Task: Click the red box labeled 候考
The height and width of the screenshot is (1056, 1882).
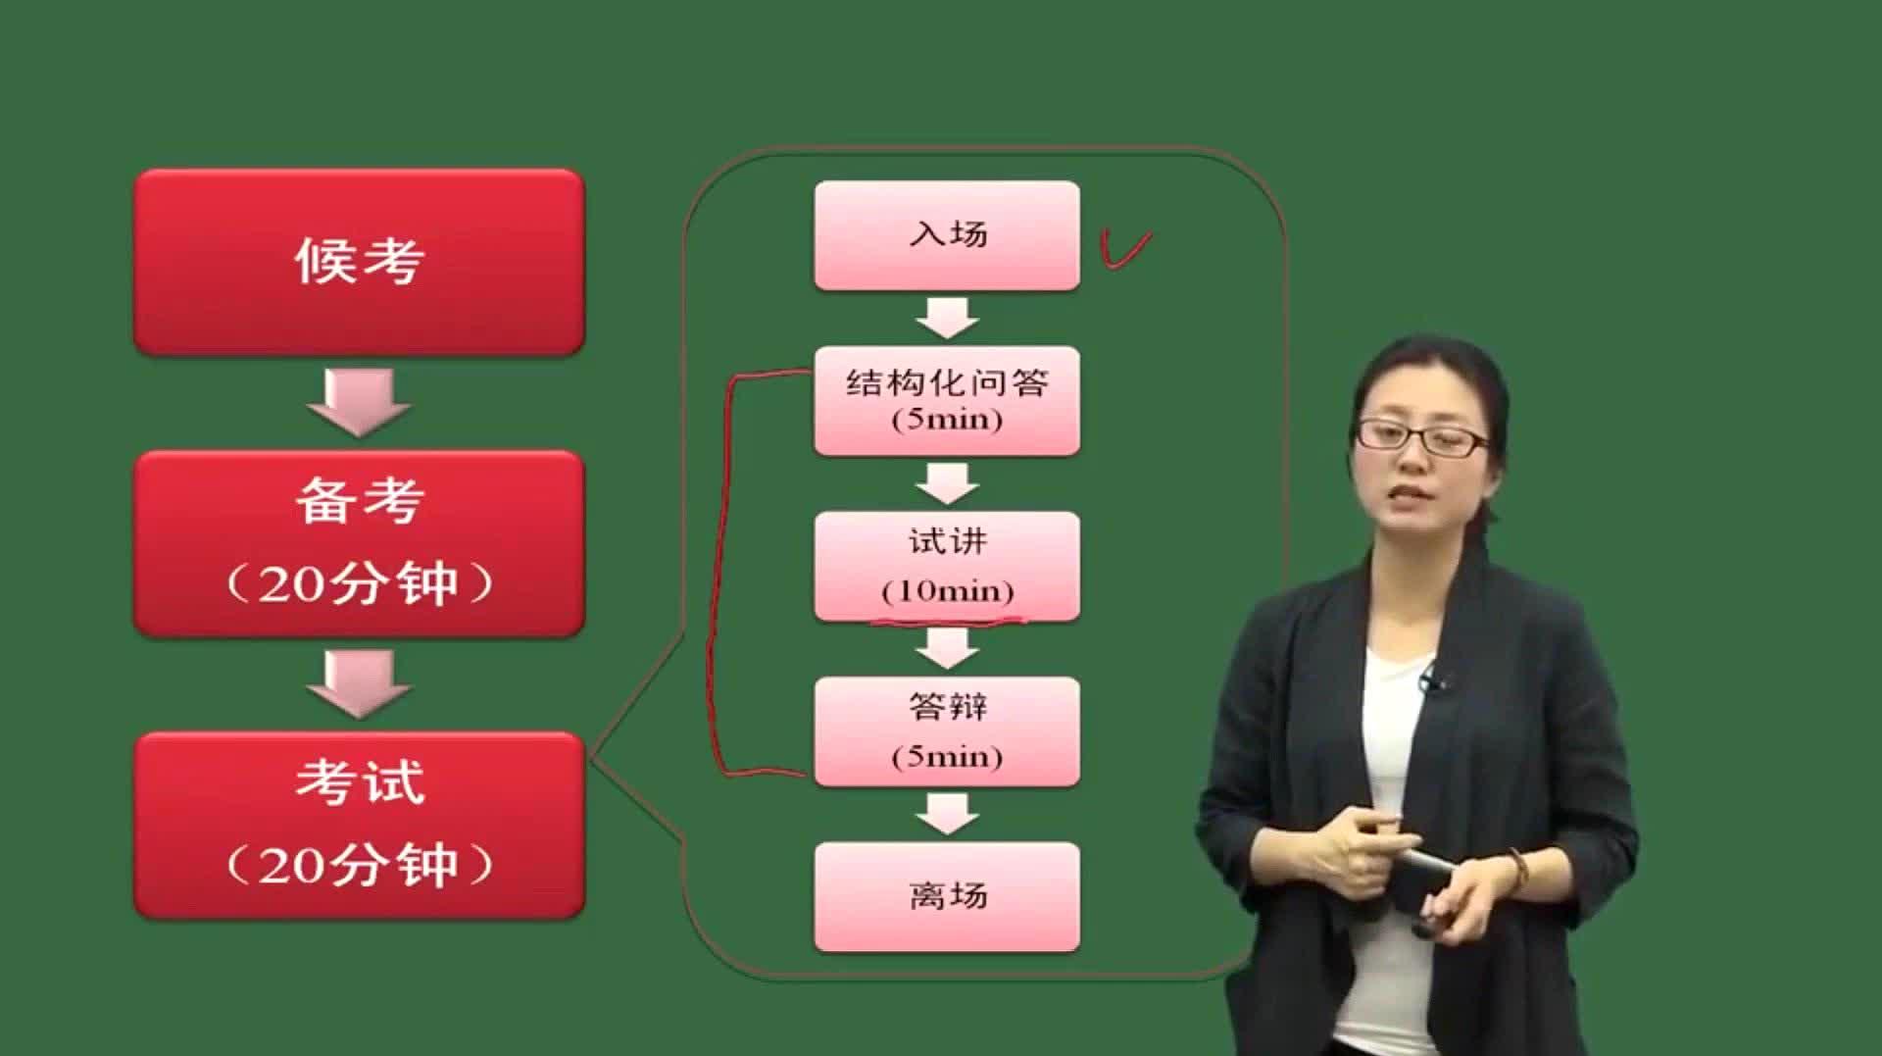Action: click(x=359, y=262)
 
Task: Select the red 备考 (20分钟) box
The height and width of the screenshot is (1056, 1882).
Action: click(x=359, y=543)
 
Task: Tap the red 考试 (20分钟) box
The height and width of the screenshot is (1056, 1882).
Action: click(x=359, y=825)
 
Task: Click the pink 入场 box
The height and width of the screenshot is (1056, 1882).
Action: click(x=947, y=235)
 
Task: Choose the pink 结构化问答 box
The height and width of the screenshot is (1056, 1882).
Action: click(x=947, y=400)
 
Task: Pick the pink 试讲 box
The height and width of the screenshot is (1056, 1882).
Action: click(x=947, y=565)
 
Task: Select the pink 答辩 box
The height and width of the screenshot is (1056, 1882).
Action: click(x=947, y=730)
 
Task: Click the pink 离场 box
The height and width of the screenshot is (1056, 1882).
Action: click(x=947, y=896)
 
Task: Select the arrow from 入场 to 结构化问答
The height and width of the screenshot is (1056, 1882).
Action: click(x=947, y=318)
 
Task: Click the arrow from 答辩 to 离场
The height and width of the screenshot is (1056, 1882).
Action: click(x=947, y=814)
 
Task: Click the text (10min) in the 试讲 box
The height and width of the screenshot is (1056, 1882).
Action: click(x=947, y=590)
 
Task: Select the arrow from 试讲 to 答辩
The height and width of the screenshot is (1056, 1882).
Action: click(x=947, y=648)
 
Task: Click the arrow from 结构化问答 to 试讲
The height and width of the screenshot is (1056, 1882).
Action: click(x=947, y=483)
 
